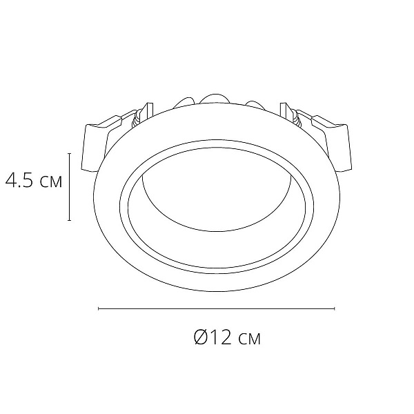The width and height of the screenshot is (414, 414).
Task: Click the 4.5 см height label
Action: pyautogui.click(x=34, y=180)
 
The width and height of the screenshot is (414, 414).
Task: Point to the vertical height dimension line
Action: pyautogui.click(x=70, y=187)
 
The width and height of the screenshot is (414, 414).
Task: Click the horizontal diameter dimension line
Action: pyautogui.click(x=217, y=308)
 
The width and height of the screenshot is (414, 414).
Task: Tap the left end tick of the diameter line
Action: pyautogui.click(x=99, y=308)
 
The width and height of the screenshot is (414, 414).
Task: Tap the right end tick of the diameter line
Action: pyautogui.click(x=335, y=308)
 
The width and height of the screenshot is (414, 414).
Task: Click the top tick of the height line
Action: pyautogui.click(x=70, y=153)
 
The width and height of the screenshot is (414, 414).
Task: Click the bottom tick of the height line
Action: pyautogui.click(x=70, y=220)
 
